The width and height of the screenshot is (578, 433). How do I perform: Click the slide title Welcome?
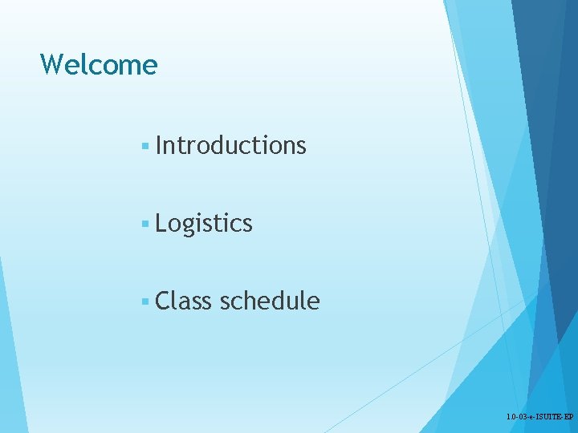click(99, 64)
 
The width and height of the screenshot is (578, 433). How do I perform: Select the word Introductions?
click(231, 145)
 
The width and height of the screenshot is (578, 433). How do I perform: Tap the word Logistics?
click(204, 223)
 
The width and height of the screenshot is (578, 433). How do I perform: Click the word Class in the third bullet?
click(184, 301)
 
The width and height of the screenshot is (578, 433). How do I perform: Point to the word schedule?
click(270, 301)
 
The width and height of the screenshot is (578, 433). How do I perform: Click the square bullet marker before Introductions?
click(144, 146)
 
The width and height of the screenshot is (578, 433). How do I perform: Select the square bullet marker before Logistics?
click(144, 224)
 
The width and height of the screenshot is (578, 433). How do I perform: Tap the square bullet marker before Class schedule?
click(144, 301)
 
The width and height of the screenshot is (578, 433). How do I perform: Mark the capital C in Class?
click(164, 301)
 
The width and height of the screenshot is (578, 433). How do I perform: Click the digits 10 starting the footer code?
click(511, 418)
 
